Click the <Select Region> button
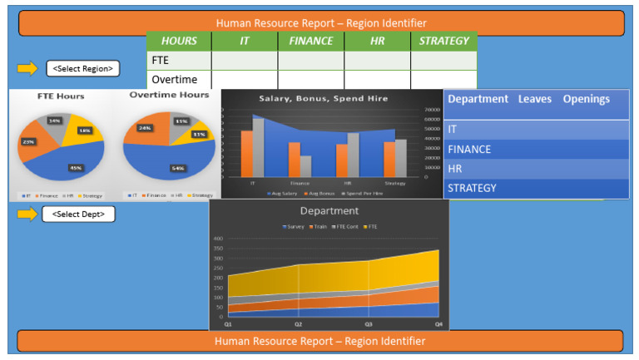coord(82,68)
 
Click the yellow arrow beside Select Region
coord(27,68)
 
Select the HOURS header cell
coord(179,41)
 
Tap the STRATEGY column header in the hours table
coord(444,41)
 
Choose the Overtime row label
coord(174,80)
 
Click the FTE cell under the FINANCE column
coord(310,61)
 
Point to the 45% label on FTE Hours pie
coord(76,168)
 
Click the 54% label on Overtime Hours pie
coord(176,168)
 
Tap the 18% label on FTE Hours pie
coord(85,131)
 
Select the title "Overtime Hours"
coord(169,96)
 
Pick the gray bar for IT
coord(258,147)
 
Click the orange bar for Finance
coord(295,160)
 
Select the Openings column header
coord(586,99)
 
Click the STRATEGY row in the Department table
coord(473,188)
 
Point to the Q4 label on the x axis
coord(438,323)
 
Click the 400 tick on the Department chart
coord(218,239)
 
